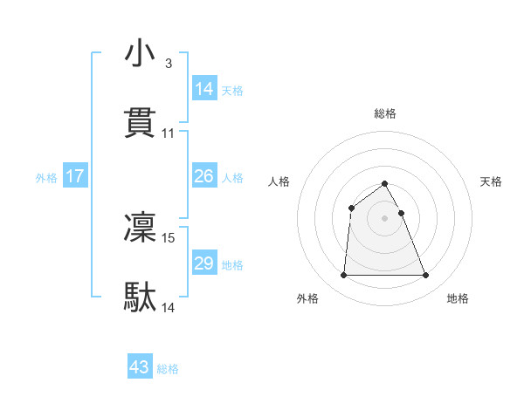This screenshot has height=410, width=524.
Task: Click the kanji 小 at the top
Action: [x=141, y=53]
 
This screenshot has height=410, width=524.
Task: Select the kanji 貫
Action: [x=141, y=122]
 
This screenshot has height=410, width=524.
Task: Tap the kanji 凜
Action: [x=141, y=227]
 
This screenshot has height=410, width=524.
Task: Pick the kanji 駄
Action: [x=141, y=297]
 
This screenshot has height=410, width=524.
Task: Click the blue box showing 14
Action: [x=204, y=88]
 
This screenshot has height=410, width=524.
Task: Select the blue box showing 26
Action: [x=204, y=176]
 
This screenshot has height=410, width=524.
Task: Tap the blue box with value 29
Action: [x=204, y=263]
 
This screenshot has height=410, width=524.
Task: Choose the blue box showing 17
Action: [x=75, y=176]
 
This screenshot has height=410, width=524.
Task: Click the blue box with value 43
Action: [x=140, y=367]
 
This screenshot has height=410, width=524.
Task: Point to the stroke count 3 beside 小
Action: [x=168, y=64]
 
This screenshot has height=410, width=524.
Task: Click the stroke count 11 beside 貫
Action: [x=169, y=133]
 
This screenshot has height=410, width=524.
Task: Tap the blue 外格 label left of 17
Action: [x=46, y=177]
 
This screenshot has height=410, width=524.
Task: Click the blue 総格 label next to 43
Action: [x=168, y=369]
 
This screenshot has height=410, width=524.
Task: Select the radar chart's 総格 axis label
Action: [x=385, y=113]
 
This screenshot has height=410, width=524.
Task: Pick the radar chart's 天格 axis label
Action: [x=492, y=181]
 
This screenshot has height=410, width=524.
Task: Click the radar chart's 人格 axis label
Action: [x=279, y=181]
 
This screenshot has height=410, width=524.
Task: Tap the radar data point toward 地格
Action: [x=425, y=276]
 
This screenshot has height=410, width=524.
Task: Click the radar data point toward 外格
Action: [x=343, y=276]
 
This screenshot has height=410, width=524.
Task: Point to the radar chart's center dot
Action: [x=385, y=218]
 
